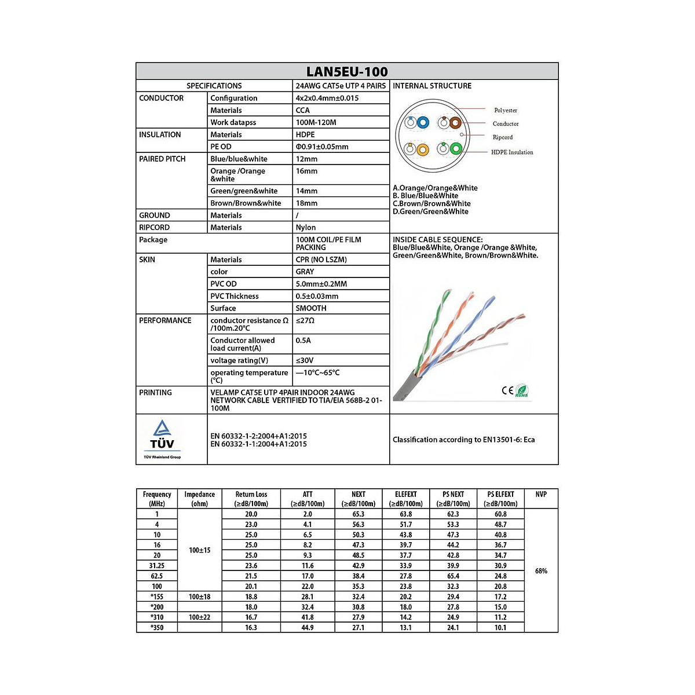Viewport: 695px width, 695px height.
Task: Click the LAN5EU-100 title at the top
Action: click(347, 72)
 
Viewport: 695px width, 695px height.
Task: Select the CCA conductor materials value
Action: click(303, 110)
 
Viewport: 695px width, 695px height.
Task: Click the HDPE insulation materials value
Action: click(305, 134)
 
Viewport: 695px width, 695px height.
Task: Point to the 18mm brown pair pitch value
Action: click(306, 203)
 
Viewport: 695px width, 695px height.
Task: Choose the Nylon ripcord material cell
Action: click(306, 228)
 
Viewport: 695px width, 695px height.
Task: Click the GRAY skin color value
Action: click(305, 272)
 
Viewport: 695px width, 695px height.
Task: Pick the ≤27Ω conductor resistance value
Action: click(305, 321)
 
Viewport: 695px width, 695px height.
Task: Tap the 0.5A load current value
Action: click(303, 341)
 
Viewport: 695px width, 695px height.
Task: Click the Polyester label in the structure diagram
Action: click(506, 110)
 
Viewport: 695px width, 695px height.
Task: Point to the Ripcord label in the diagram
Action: click(503, 137)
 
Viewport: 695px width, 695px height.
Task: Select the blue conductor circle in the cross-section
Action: click(423, 123)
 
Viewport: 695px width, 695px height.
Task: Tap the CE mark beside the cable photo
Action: click(507, 390)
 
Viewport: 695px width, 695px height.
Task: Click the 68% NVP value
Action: click(541, 571)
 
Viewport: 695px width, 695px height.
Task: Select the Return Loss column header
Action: click(251, 499)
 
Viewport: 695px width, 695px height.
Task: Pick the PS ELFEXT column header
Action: click(500, 499)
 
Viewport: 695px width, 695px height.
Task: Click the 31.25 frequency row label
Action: click(157, 566)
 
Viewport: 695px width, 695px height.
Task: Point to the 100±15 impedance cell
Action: click(200, 550)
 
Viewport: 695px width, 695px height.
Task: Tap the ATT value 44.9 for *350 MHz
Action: click(308, 628)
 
